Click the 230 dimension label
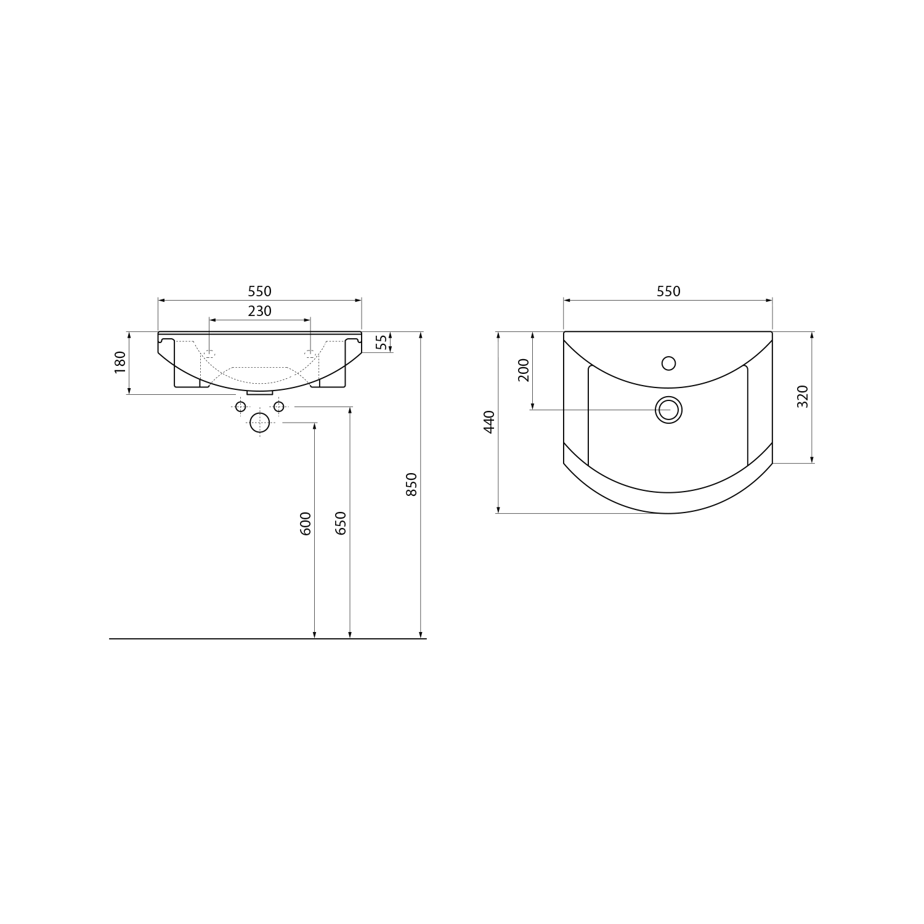(259, 311)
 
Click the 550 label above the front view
(259, 291)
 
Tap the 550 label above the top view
(668, 291)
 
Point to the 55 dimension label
(382, 342)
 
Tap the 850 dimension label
(412, 484)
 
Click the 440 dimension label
(489, 422)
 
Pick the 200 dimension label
(524, 370)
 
